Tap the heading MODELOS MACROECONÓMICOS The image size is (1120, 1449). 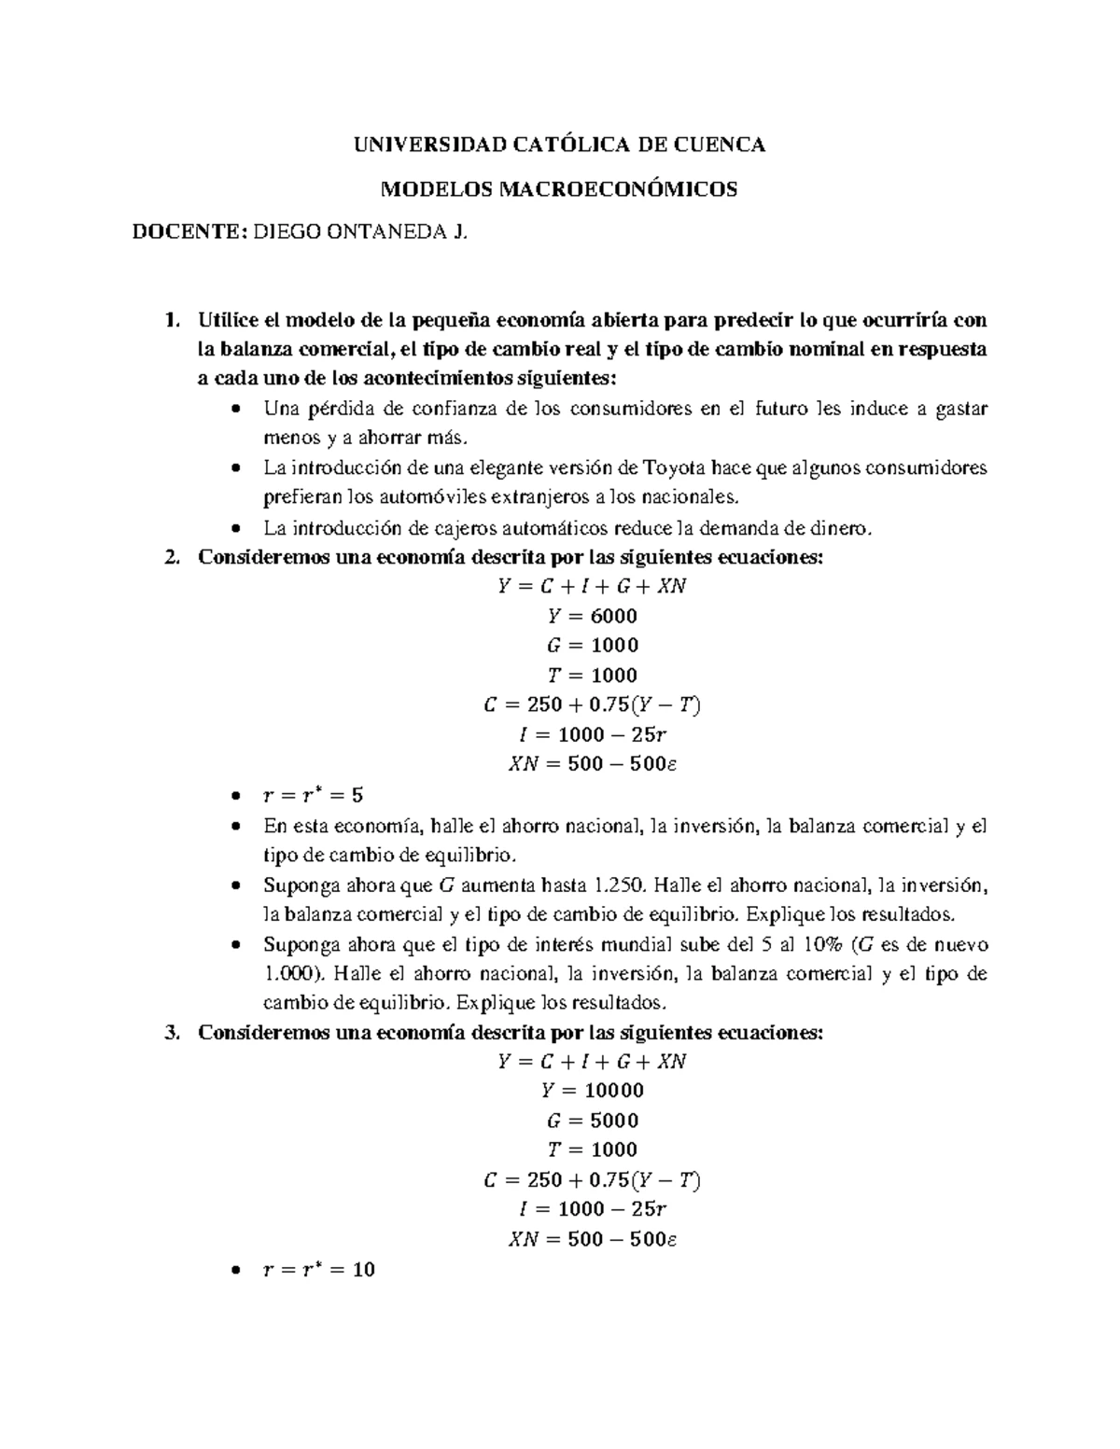560,189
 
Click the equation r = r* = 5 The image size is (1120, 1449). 314,796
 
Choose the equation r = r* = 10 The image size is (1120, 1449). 319,1270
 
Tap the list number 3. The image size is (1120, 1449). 169,1033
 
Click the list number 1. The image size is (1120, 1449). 169,321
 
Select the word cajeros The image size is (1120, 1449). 462,528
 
